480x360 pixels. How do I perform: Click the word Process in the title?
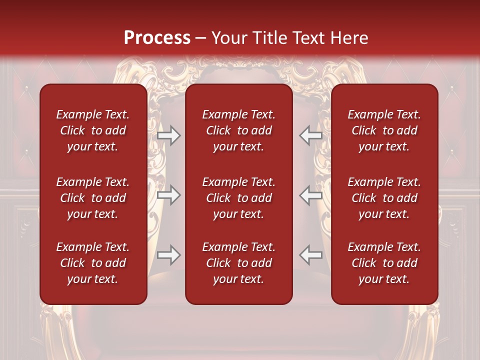(x=157, y=37)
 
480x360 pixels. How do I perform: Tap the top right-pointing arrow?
(x=169, y=136)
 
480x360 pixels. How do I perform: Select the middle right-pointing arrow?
(x=169, y=195)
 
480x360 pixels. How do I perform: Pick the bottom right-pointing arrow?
(x=169, y=255)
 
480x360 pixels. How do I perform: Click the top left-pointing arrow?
(x=310, y=136)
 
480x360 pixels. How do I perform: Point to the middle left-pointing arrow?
(x=310, y=195)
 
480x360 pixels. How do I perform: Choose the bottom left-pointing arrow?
(x=310, y=255)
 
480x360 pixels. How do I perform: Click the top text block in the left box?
(x=93, y=130)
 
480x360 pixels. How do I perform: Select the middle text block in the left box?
(x=93, y=198)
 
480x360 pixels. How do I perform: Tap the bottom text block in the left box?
(x=93, y=263)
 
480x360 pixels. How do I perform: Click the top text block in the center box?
(x=239, y=130)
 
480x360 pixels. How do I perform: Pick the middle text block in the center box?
(x=239, y=198)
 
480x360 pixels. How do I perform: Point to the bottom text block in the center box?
(x=239, y=263)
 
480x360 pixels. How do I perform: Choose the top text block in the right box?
(x=384, y=130)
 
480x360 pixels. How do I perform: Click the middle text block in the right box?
(x=384, y=198)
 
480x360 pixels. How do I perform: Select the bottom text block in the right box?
(x=384, y=263)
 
